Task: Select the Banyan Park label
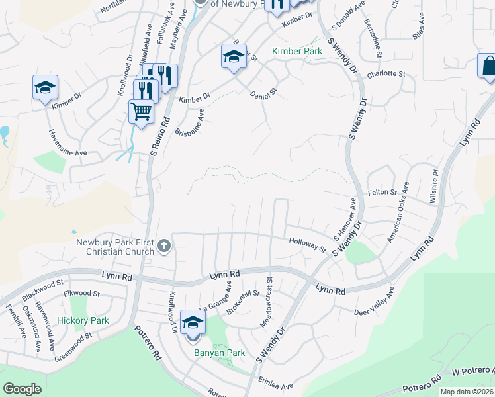tap(219, 353)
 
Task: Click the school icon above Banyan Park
tap(193, 322)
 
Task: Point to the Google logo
tap(22, 389)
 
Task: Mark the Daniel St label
tap(263, 96)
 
